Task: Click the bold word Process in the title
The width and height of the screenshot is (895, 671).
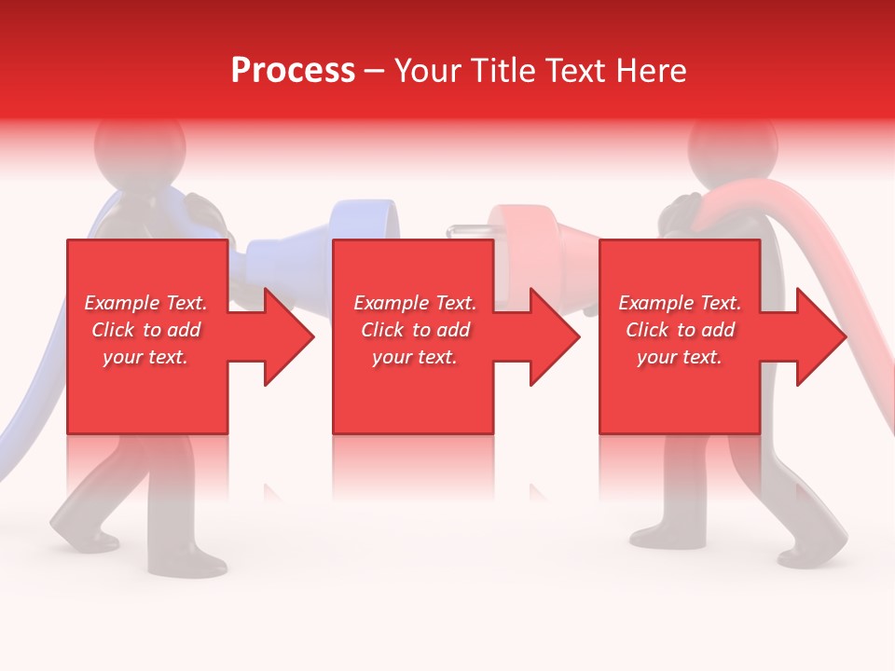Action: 293,71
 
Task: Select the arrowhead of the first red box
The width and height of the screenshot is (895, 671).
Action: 284,336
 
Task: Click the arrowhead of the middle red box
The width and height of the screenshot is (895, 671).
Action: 551,336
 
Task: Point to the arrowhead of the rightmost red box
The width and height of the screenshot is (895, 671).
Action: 818,336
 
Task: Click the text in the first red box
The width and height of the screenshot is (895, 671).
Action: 146,330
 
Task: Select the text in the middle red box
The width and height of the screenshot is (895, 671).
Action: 415,330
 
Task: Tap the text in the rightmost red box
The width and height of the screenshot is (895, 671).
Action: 680,330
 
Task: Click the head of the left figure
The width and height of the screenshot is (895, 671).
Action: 131,149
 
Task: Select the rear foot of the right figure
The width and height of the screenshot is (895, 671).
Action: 653,538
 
